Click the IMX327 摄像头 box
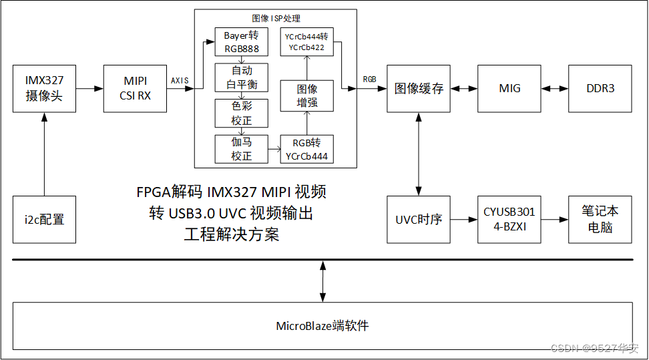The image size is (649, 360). pyautogui.click(x=44, y=89)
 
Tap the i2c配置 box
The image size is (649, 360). pyautogui.click(x=44, y=219)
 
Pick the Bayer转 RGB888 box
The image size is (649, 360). pyautogui.click(x=241, y=42)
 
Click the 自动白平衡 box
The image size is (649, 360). pyautogui.click(x=241, y=77)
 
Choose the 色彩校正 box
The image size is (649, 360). pyautogui.click(x=241, y=113)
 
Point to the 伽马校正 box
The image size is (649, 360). pyautogui.click(x=241, y=149)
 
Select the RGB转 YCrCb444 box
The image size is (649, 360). pyautogui.click(x=306, y=149)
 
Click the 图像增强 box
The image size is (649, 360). pyautogui.click(x=306, y=96)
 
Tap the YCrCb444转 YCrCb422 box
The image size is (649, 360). pyautogui.click(x=306, y=42)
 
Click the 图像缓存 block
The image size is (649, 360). pyautogui.click(x=419, y=89)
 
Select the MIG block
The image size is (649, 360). pyautogui.click(x=509, y=89)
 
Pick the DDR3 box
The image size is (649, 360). pyautogui.click(x=600, y=89)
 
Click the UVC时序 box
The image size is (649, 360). pyautogui.click(x=419, y=219)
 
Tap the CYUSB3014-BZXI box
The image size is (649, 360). pyautogui.click(x=509, y=219)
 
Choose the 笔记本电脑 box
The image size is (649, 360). pyautogui.click(x=600, y=219)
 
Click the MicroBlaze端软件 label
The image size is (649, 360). pyautogui.click(x=322, y=326)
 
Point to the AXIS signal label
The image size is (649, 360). pyautogui.click(x=180, y=80)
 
